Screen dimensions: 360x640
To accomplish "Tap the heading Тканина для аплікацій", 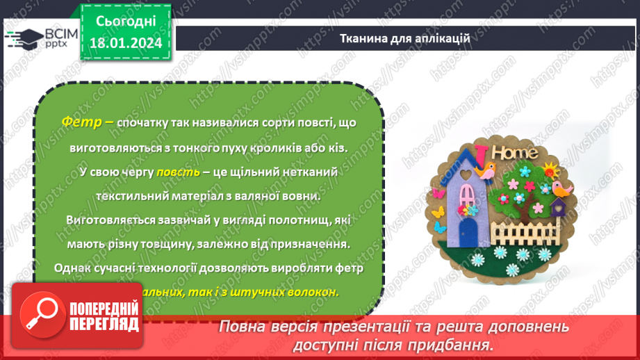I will pyautogui.click(x=405, y=38).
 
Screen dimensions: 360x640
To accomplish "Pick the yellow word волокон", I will pyautogui.click(x=314, y=292).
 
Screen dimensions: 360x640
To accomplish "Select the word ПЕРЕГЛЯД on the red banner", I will pyautogui.click(x=105, y=324).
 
